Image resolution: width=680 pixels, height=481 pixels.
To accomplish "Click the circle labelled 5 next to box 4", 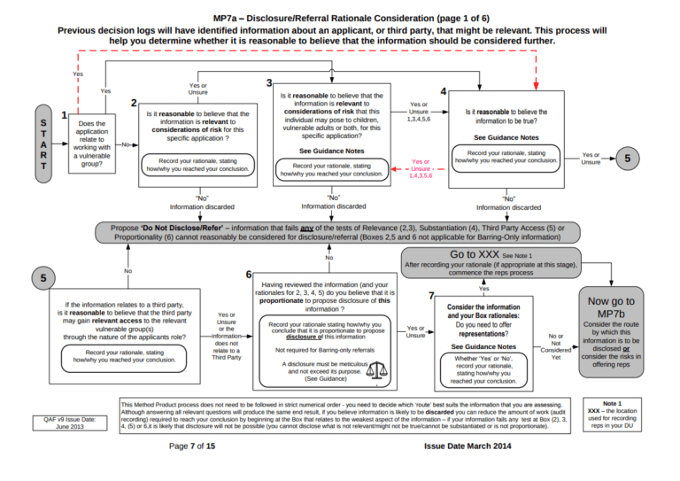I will click(629, 159).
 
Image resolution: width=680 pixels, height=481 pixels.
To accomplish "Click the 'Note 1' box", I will click(611, 414).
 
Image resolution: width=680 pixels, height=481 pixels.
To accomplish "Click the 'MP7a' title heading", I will click(339, 18).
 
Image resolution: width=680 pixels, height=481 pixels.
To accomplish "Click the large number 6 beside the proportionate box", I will click(250, 275).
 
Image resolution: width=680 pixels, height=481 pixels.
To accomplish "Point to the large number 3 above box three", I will click(268, 82).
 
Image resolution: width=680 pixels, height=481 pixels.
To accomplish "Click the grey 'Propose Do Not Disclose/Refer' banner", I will click(337, 232).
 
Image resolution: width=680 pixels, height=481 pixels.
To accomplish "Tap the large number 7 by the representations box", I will click(430, 295).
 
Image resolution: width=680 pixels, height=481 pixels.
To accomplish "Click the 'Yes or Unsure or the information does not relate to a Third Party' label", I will click(226, 337).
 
